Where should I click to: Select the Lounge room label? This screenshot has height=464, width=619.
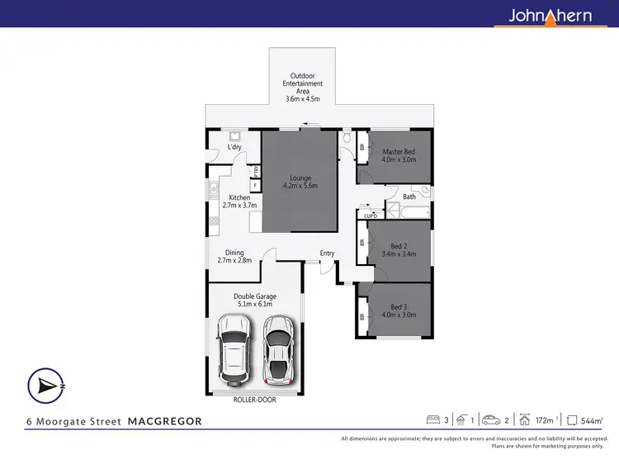[x=300, y=182]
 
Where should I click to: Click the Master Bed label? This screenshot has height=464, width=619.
[x=399, y=155]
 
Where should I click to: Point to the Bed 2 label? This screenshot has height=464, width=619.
[x=399, y=250]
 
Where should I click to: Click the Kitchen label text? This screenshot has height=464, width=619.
[x=239, y=201]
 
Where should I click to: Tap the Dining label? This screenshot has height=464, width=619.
[x=234, y=257]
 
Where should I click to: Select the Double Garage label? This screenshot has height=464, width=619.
[x=255, y=300]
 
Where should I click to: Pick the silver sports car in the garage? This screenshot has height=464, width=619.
[x=279, y=350]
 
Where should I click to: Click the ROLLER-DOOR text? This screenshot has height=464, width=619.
[x=255, y=400]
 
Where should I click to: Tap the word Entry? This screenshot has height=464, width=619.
[x=328, y=253]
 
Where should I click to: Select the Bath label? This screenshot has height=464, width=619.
[x=409, y=196]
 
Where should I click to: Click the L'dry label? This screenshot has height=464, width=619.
[x=234, y=148]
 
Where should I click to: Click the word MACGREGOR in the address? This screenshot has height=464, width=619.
[x=165, y=421]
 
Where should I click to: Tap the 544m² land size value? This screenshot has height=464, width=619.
[x=592, y=421]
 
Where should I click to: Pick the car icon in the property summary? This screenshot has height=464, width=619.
[x=491, y=420]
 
